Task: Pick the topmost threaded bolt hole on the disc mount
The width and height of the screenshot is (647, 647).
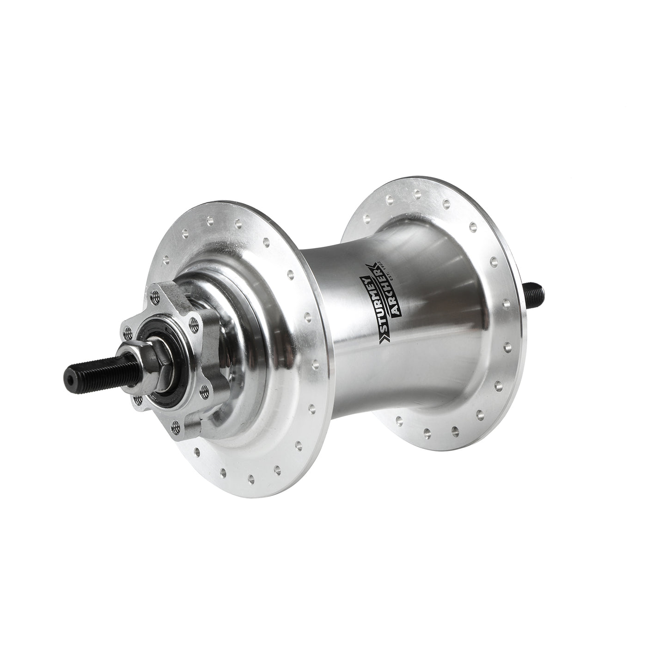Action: point(154,294)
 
